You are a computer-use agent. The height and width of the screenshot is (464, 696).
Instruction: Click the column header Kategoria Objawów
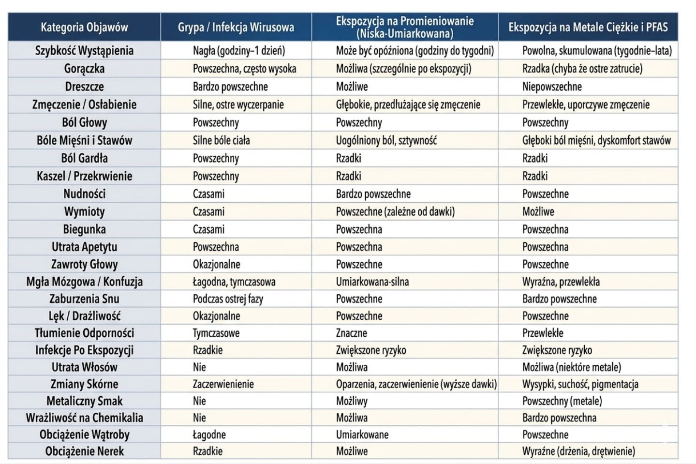click(84, 27)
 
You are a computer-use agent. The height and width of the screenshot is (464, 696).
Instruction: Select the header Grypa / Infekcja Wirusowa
click(236, 27)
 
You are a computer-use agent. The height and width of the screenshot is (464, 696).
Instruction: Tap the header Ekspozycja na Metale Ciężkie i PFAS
click(588, 27)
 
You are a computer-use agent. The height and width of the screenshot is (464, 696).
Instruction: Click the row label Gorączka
click(84, 69)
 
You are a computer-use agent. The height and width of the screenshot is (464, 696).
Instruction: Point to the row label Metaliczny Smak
click(84, 401)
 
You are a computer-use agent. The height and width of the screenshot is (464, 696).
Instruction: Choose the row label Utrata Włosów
click(84, 367)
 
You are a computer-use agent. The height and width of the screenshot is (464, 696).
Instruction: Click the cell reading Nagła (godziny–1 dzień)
click(239, 51)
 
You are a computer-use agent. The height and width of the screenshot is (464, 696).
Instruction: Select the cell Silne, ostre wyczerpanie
click(238, 105)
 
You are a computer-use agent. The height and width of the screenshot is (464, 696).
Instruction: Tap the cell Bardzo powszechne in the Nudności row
click(373, 194)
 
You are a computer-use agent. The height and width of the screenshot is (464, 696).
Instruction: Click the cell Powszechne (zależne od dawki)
click(395, 211)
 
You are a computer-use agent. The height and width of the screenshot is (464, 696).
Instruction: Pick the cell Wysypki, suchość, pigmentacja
click(580, 384)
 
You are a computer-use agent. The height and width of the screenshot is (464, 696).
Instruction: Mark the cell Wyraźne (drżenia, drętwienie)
click(578, 451)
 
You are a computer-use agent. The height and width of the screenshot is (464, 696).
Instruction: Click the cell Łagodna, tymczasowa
click(234, 282)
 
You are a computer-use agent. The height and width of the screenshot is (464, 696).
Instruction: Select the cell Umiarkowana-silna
click(372, 282)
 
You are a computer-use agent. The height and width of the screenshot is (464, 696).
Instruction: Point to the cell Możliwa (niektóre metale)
click(571, 367)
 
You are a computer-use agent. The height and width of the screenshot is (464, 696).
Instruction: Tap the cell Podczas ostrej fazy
click(228, 299)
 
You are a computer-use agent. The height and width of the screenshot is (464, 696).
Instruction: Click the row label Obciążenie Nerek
click(84, 451)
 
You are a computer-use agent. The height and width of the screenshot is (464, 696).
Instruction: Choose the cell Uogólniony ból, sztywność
click(386, 140)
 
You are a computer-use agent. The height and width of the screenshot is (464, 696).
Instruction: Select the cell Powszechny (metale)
click(562, 401)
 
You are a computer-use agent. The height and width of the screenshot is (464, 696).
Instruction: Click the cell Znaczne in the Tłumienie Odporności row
click(351, 333)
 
